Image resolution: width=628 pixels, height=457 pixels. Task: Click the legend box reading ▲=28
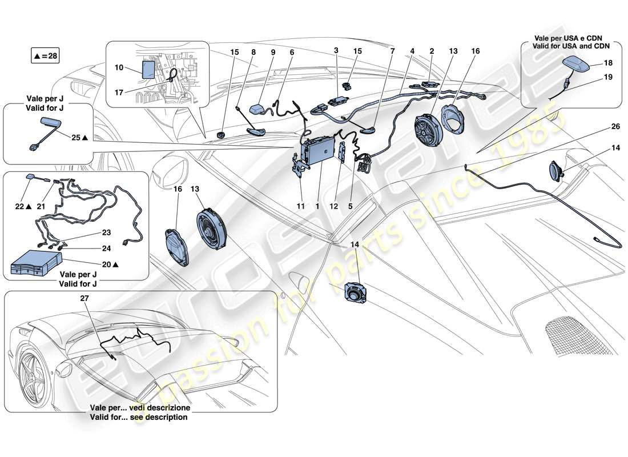[x=45, y=56]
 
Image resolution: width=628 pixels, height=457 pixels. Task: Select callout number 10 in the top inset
[x=119, y=67]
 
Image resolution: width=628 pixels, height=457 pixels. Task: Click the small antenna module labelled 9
[x=260, y=109]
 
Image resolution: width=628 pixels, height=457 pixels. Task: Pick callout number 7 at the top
[x=392, y=51]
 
